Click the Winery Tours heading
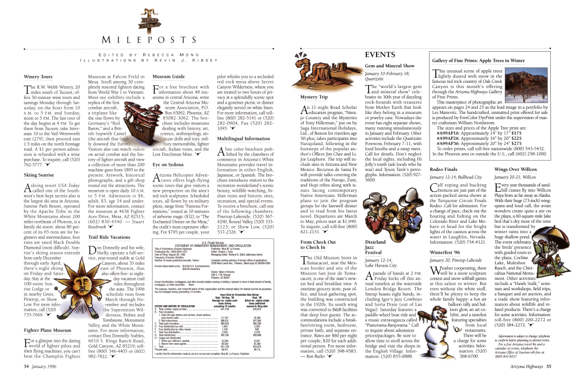point(39,76)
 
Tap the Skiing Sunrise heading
point(39,174)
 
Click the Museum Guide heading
point(168,76)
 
